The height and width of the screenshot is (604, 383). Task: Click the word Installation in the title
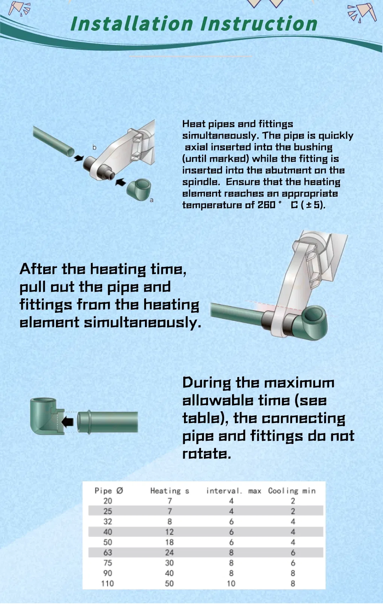(x=132, y=24)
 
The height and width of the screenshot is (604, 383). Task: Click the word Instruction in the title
(x=259, y=24)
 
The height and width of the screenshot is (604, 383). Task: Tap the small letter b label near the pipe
(x=95, y=147)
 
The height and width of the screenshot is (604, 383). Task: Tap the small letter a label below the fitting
(x=152, y=200)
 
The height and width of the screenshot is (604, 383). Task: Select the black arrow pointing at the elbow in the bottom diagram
(x=68, y=421)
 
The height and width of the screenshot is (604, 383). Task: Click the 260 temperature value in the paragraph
(x=266, y=205)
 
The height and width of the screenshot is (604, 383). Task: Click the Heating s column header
(x=169, y=491)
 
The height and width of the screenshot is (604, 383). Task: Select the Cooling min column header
(x=292, y=491)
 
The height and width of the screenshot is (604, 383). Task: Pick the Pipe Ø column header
(x=109, y=491)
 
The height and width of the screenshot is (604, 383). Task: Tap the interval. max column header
(x=234, y=491)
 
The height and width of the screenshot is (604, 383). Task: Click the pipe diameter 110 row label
(x=107, y=584)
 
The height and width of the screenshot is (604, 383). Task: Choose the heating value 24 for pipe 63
(x=169, y=553)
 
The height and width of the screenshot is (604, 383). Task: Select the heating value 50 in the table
(x=169, y=584)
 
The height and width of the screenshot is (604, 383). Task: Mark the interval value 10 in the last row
(x=231, y=584)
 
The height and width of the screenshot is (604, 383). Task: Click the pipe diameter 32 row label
(x=108, y=521)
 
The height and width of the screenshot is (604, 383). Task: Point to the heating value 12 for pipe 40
(x=169, y=532)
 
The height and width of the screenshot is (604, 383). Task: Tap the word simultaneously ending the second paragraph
(x=142, y=322)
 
